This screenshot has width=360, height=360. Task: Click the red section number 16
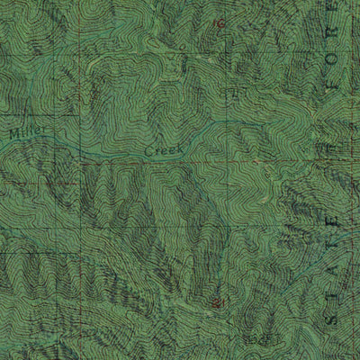pos(218,24)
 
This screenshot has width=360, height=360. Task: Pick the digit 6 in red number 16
pos(220,24)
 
